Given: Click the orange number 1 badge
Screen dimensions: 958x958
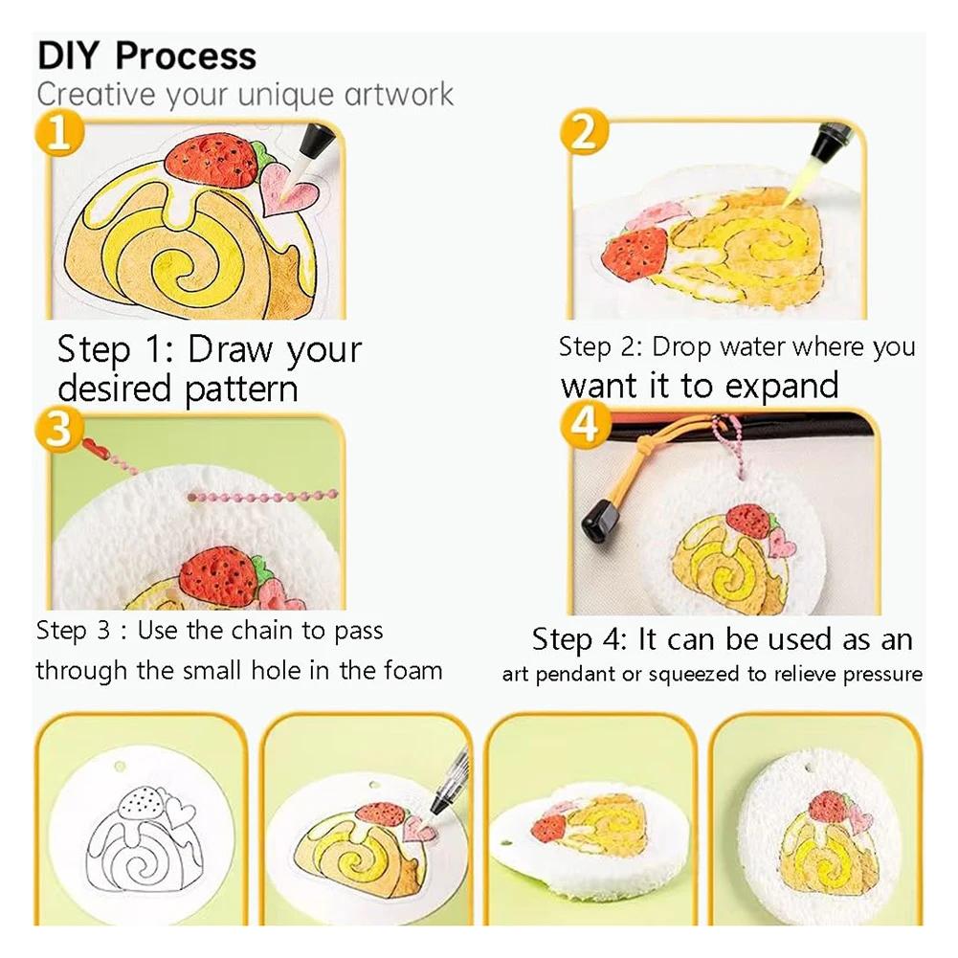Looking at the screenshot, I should (58, 133).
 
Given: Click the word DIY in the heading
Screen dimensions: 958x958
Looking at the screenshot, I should (70, 56).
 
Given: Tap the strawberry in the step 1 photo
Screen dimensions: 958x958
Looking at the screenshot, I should (212, 159).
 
